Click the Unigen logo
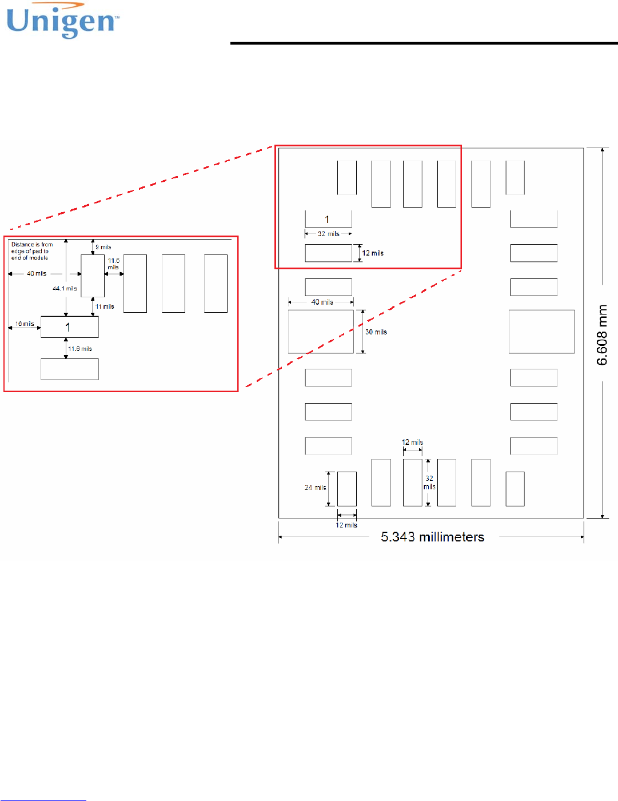(x=62, y=22)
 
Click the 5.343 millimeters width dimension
(x=432, y=537)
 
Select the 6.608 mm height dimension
(x=602, y=334)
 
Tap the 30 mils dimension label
(x=376, y=332)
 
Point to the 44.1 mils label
(x=65, y=289)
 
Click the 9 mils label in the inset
(x=103, y=247)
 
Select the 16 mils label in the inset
(x=25, y=324)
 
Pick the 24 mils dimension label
(x=315, y=488)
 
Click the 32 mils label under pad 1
(x=329, y=234)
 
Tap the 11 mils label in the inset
(x=105, y=307)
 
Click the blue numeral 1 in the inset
(x=67, y=328)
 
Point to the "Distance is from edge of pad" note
(x=31, y=251)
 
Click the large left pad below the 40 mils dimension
(x=321, y=332)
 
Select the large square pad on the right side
(x=541, y=332)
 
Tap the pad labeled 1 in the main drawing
(x=328, y=219)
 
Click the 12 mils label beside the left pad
(x=373, y=253)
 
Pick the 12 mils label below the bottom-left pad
(x=346, y=525)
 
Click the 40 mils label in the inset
(x=37, y=274)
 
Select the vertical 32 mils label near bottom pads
(x=429, y=483)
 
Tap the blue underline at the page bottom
(x=43, y=800)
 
